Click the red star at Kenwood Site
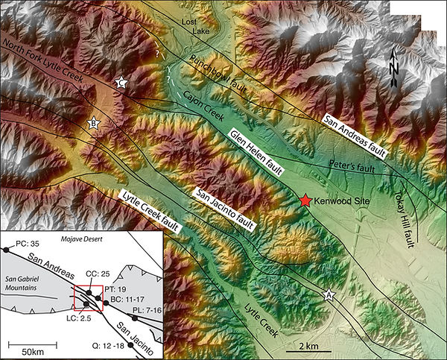(x=305, y=200)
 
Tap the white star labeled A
(x=329, y=296)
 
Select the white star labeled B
(x=94, y=124)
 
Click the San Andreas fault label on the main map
(x=354, y=138)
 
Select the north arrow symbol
(x=394, y=68)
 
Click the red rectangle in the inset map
(x=87, y=297)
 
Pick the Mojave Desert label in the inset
(x=77, y=241)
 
